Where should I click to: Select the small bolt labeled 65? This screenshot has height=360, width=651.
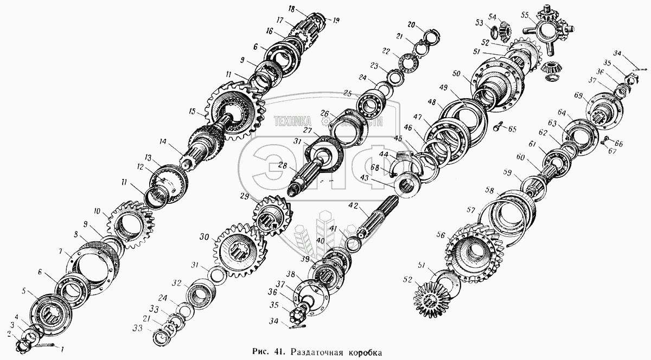(499, 127)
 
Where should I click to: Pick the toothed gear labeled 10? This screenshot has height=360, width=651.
(130, 225)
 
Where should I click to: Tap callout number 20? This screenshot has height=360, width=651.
(411, 25)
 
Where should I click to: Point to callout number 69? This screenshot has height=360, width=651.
(579, 96)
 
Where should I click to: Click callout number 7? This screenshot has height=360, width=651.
(62, 252)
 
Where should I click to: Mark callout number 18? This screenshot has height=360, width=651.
(291, 10)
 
